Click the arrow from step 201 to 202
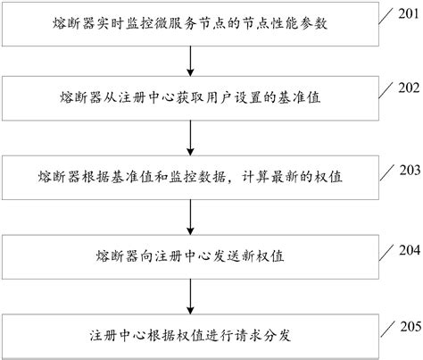pos(190,62)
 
